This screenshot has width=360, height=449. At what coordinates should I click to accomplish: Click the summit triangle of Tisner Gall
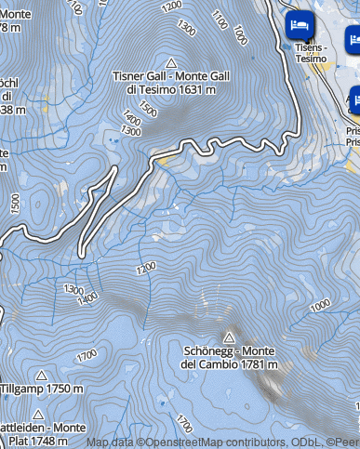point(170,61)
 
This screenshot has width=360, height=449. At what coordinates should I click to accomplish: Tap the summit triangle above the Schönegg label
point(229,337)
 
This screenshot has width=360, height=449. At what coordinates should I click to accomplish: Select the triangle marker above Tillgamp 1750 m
point(41,376)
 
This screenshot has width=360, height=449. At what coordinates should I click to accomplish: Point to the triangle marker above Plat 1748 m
point(38,414)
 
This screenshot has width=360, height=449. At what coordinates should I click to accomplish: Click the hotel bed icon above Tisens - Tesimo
point(301,24)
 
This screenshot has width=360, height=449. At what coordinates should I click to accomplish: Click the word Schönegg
point(208,350)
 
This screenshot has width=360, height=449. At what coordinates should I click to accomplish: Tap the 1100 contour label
point(220,20)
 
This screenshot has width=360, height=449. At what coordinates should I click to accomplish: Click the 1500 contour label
point(14,203)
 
